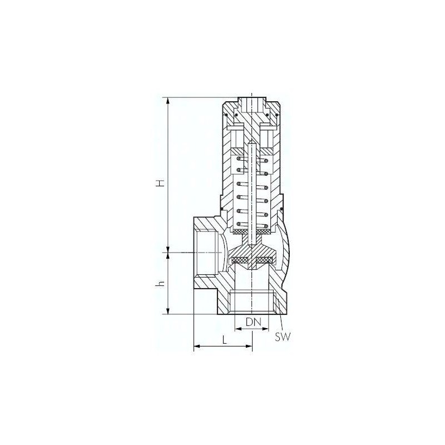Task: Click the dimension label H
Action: click(x=161, y=183)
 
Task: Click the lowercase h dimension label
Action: click(x=161, y=283)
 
